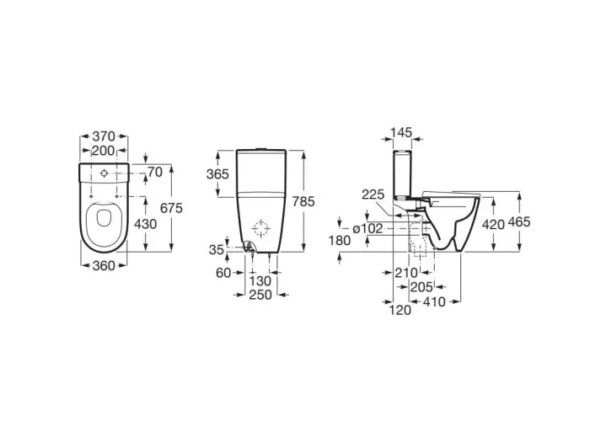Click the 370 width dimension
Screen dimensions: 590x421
[x=104, y=136]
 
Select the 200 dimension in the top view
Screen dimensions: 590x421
[x=103, y=151]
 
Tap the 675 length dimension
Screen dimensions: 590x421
[x=171, y=207]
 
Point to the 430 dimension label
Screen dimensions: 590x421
[x=145, y=224]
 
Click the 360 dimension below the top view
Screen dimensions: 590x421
[x=104, y=266]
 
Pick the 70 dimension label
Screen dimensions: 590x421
[x=155, y=172]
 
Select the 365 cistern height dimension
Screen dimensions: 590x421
[x=217, y=174]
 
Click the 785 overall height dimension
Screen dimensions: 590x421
[x=303, y=201]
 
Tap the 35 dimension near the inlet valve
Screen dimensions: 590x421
[x=217, y=249]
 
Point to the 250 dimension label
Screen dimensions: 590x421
[x=260, y=295]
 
